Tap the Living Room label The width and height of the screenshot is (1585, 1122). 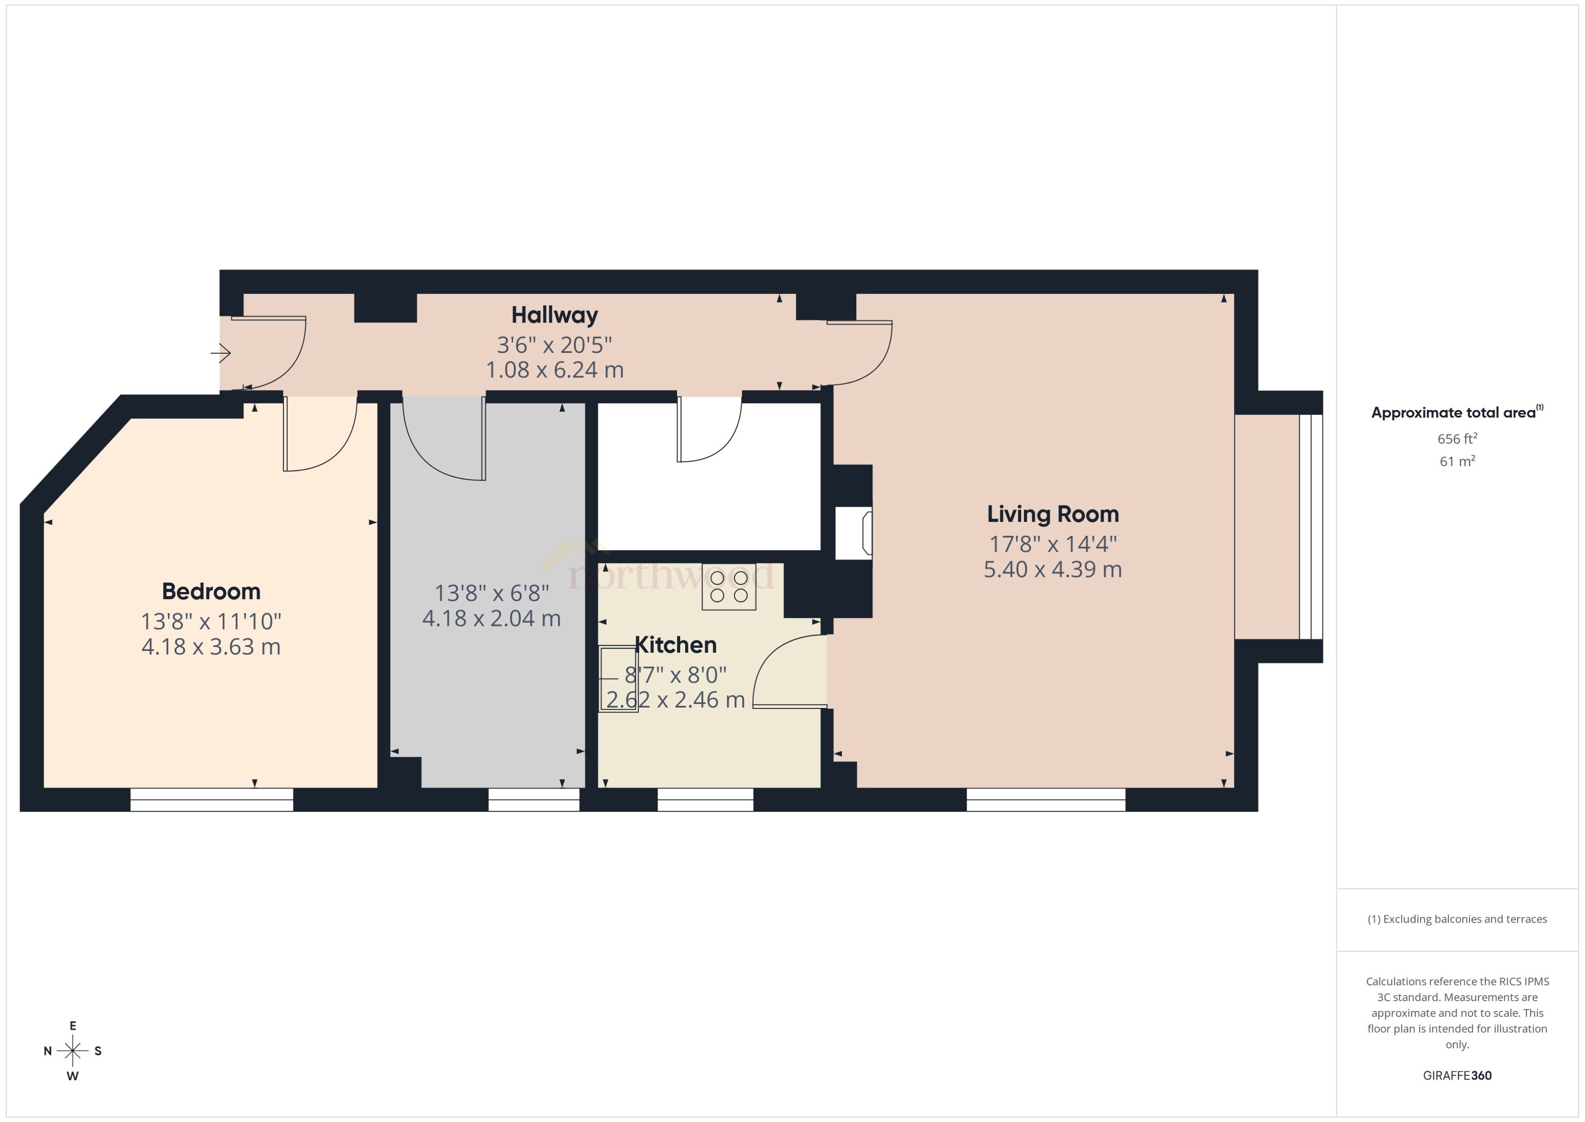tap(1052, 514)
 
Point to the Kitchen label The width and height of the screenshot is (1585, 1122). tap(676, 645)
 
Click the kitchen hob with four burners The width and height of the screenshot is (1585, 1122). tap(729, 587)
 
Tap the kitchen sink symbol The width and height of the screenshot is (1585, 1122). tap(618, 679)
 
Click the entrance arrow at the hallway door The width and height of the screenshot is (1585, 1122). tap(221, 353)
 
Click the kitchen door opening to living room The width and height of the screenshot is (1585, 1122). tap(788, 674)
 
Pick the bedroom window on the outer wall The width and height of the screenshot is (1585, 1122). tap(211, 799)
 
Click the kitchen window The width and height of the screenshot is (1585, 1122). tap(705, 799)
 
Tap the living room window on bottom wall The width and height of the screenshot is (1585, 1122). tap(1046, 799)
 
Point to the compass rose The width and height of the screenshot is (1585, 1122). tap(72, 1051)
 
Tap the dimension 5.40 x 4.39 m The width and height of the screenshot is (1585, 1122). tap(1052, 569)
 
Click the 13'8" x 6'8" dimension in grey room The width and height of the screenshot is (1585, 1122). tap(491, 593)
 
